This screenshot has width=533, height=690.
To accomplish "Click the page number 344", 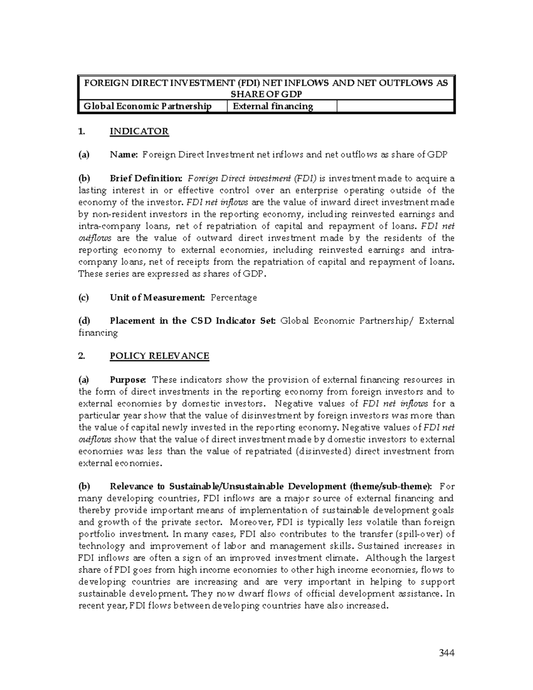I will click(x=446, y=653).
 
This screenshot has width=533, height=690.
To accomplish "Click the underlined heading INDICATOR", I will click(x=139, y=132).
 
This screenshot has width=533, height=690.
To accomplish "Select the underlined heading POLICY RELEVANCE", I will click(x=159, y=356).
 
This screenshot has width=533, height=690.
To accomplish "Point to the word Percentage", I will click(x=234, y=298).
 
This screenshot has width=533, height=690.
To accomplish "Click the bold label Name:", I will click(x=124, y=155).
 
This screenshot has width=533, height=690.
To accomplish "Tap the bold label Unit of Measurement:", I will click(x=157, y=298).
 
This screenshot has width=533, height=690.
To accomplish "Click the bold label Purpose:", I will click(x=128, y=380).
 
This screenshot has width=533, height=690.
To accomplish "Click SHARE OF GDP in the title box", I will click(x=266, y=94).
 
